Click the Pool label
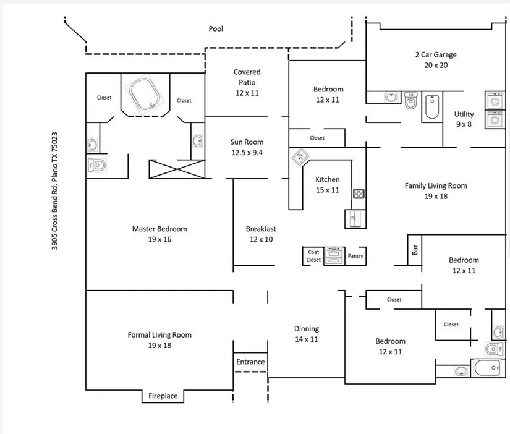coord(216,28)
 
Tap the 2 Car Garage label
coord(435,54)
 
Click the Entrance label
coord(250,362)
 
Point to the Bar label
coord(415,249)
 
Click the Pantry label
coord(355,256)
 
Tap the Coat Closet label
coord(313,256)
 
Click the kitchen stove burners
coord(359,194)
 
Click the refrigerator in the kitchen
coord(354,218)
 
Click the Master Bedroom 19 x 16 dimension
coord(159,239)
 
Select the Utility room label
coord(464,114)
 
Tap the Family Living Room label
coord(435,185)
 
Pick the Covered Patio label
coord(247,77)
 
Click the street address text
coord(55,190)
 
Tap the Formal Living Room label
coord(159,335)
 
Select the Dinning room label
coord(307,329)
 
